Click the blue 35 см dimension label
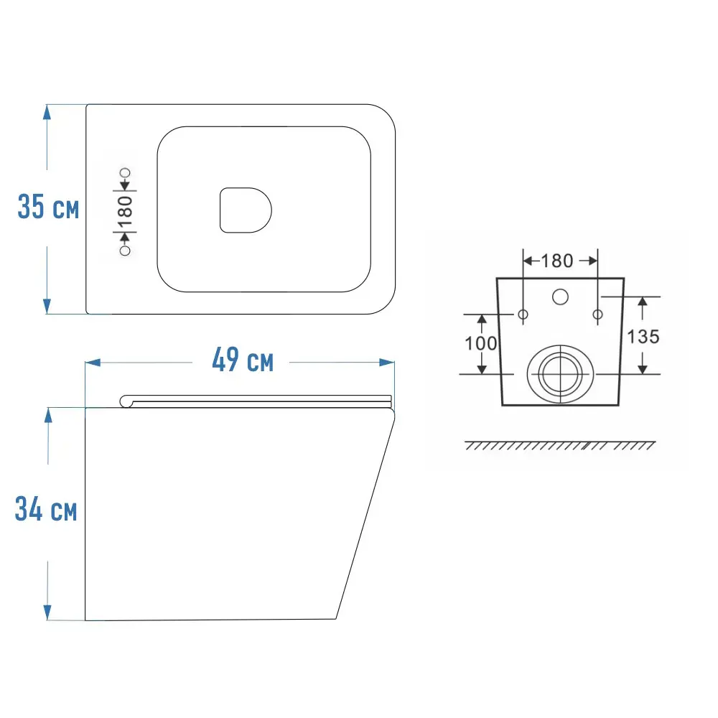pos(48,207)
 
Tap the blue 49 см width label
pos(243,360)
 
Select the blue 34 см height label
pos(46,509)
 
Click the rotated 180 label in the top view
pos(125,212)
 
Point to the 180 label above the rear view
pos(557,261)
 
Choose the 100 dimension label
pos(481,343)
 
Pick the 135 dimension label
pos(643,337)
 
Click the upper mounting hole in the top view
pos(125,172)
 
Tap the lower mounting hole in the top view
pos(124,251)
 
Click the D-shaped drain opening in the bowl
pos(246,210)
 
